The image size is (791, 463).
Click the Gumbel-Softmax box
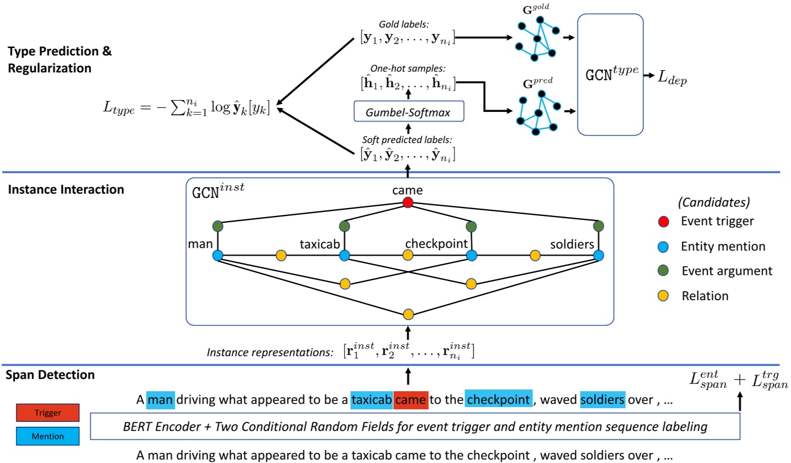pyautogui.click(x=409, y=112)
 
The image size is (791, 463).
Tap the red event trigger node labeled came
pyautogui.click(x=407, y=202)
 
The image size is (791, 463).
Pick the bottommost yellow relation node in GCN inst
pyautogui.click(x=408, y=314)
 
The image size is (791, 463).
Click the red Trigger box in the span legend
pyautogui.click(x=47, y=413)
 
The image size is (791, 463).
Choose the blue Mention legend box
pyautogui.click(x=47, y=436)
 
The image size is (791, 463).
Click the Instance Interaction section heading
pyautogui.click(x=66, y=190)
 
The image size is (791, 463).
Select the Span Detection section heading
pyautogui.click(x=51, y=375)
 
